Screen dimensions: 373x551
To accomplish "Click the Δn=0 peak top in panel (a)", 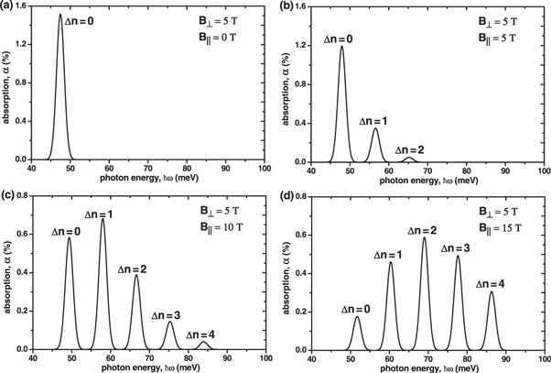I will coord(60,15).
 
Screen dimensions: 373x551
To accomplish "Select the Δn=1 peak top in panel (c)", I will coord(103,219).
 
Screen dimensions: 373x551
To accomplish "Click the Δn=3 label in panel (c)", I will coord(170,314).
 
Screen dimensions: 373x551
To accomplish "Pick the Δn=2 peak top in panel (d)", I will coord(424,237).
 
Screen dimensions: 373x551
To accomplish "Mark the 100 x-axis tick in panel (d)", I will coord(545,357).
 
